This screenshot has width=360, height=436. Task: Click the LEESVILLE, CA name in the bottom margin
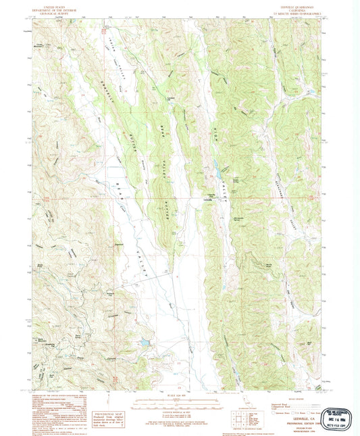coord(298,399)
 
